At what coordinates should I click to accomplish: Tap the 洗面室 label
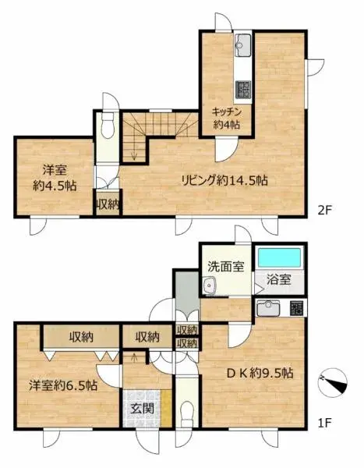click(x=225, y=265)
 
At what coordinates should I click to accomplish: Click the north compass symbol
click(x=336, y=382)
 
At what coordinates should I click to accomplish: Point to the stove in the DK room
click(x=296, y=307)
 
